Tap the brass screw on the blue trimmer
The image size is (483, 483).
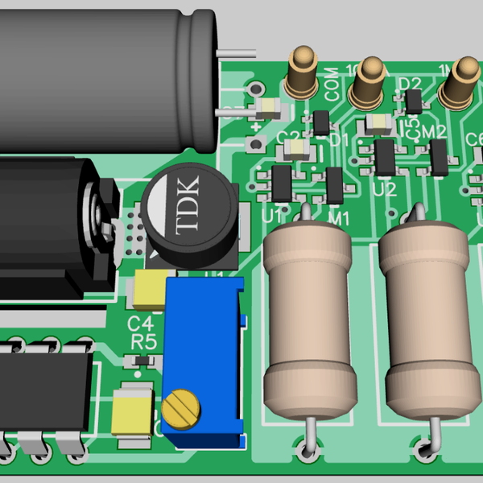click(180, 409)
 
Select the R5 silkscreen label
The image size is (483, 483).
click(143, 341)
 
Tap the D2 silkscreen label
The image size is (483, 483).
click(410, 84)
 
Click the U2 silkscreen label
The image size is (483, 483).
click(386, 190)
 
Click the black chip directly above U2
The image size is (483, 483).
click(386, 157)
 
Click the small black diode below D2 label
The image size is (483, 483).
click(414, 102)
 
